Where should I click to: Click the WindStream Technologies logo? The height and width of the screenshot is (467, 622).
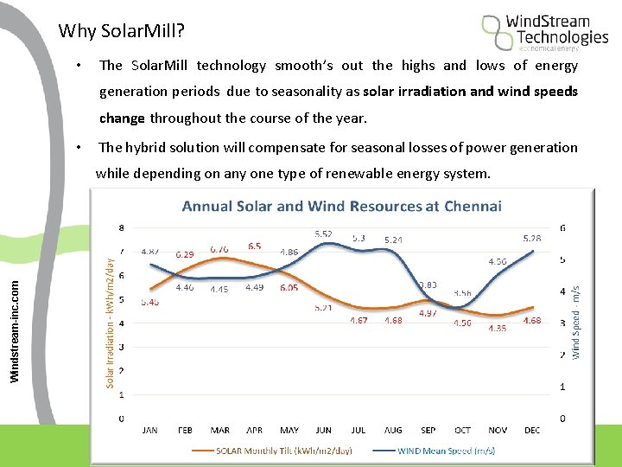tap(545, 32)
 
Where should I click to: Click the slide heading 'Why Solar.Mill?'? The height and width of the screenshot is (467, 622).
tap(121, 32)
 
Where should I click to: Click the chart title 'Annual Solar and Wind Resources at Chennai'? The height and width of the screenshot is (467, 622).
tap(341, 206)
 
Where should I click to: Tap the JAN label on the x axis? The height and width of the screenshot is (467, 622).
tap(149, 430)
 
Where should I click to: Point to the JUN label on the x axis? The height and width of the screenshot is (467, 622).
tap(324, 430)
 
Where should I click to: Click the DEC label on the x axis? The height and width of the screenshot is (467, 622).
tap(533, 430)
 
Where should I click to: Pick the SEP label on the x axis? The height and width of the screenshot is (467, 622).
tap(428, 430)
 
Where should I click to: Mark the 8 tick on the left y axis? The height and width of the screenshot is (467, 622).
tap(120, 228)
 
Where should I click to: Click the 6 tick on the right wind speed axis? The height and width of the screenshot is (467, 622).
tap(563, 228)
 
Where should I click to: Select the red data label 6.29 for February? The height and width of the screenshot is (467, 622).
tap(185, 255)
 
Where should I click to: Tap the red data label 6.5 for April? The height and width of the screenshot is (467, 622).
tap(255, 246)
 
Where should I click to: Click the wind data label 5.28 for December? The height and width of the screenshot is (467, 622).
tap(532, 238)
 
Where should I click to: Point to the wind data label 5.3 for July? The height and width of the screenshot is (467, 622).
tap(359, 237)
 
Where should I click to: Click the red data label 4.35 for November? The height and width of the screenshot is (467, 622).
tap(497, 329)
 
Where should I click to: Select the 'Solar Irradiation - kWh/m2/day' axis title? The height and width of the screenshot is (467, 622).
tap(110, 319)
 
